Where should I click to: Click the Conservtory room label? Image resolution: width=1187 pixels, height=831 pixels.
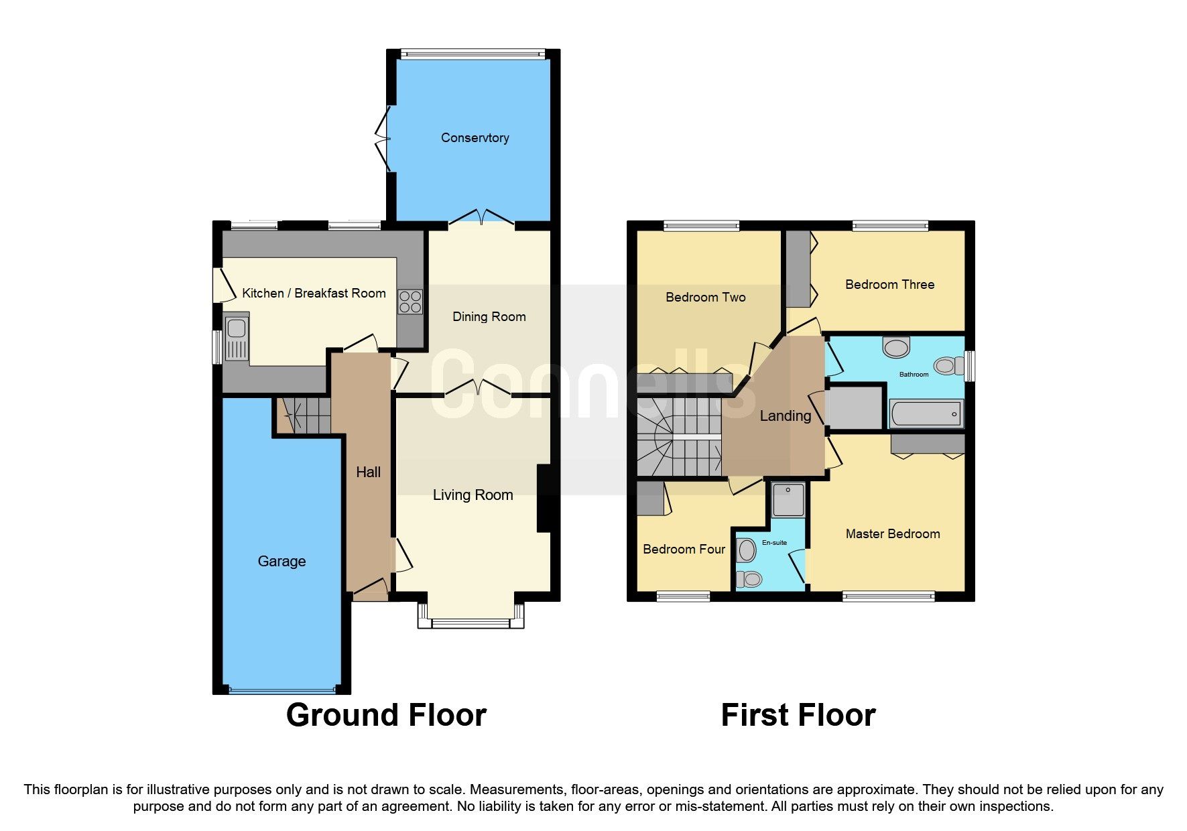475,137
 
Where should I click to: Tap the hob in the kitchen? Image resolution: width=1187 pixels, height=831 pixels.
410,302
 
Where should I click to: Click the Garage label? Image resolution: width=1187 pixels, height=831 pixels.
282,562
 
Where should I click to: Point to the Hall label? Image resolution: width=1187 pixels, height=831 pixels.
368,472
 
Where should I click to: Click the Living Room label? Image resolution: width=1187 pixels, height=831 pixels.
473,495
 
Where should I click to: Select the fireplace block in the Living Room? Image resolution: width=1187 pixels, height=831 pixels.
544,499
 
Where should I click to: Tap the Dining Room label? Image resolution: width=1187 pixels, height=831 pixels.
489,317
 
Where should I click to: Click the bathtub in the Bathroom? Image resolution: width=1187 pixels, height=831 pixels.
926,413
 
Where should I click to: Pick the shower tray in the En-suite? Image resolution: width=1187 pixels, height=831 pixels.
788,500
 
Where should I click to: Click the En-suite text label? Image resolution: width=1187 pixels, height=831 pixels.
774,543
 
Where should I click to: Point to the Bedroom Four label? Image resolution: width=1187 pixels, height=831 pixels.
684,550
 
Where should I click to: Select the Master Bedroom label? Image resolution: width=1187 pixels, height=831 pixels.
892,534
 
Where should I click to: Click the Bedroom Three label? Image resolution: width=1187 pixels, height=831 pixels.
889,285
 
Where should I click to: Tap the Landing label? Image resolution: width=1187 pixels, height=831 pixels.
785,416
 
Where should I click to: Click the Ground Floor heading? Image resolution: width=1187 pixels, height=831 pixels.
386,715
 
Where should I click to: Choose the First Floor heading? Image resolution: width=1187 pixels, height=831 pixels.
798,715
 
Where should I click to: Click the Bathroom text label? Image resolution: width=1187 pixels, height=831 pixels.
914,375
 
